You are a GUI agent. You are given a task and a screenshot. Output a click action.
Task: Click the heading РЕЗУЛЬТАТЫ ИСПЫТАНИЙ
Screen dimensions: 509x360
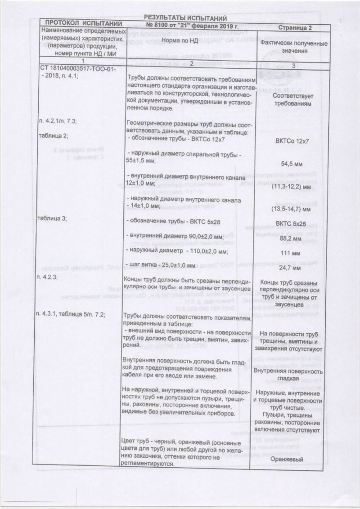coord(184,18)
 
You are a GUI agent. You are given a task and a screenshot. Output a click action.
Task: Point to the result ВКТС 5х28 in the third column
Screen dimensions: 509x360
coord(292,223)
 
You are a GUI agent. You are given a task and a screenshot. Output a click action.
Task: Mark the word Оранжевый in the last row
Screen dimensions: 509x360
coord(292,459)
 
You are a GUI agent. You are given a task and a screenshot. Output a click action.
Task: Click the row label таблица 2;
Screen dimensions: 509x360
coord(54,135)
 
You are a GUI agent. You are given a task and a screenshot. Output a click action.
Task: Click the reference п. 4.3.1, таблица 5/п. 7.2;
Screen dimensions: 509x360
coord(72,314)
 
